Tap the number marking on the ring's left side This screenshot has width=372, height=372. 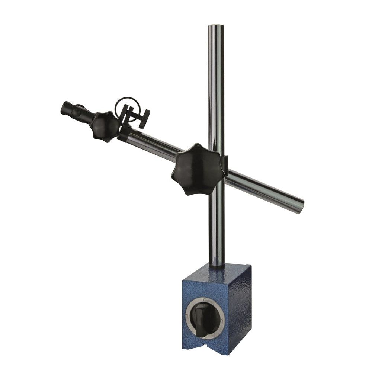coord(187,316)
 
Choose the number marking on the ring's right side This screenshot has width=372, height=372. coord(222,321)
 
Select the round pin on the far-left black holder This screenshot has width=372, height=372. coord(76,112)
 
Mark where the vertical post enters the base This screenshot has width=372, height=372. coord(217,265)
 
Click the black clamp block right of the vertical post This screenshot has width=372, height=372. coord(225,166)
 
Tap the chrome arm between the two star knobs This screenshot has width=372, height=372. coord(153,143)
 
